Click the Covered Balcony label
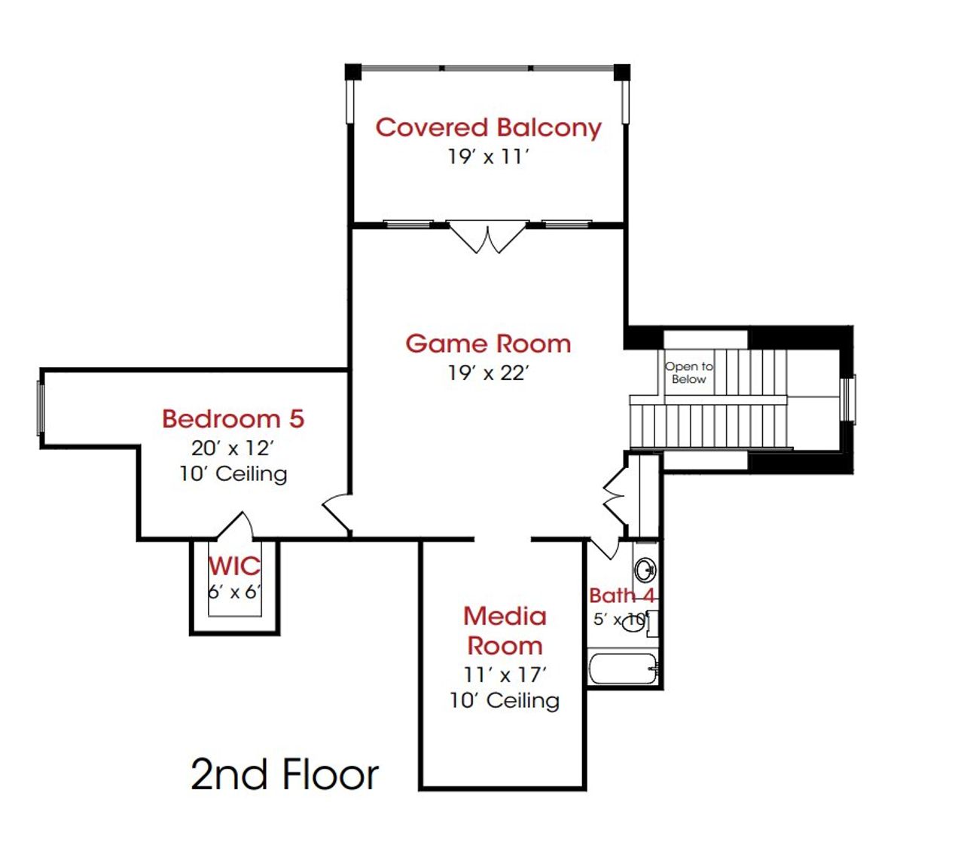(x=488, y=127)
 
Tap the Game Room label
(x=488, y=344)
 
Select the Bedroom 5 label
(x=233, y=418)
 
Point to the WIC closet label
(x=234, y=565)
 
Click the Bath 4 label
(x=621, y=595)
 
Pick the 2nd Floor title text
(x=285, y=775)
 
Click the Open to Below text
(x=688, y=372)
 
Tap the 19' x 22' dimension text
(x=488, y=372)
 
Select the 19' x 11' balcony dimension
(x=488, y=157)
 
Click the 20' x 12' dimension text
(x=232, y=448)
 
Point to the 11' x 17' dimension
(x=505, y=675)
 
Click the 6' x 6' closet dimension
(x=234, y=592)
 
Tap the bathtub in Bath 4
(x=623, y=669)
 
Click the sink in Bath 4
(x=645, y=569)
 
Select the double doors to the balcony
(x=487, y=236)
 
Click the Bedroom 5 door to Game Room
(x=337, y=515)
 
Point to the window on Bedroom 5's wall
(x=41, y=407)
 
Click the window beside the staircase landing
(x=849, y=399)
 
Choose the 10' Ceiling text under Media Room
(x=505, y=700)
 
